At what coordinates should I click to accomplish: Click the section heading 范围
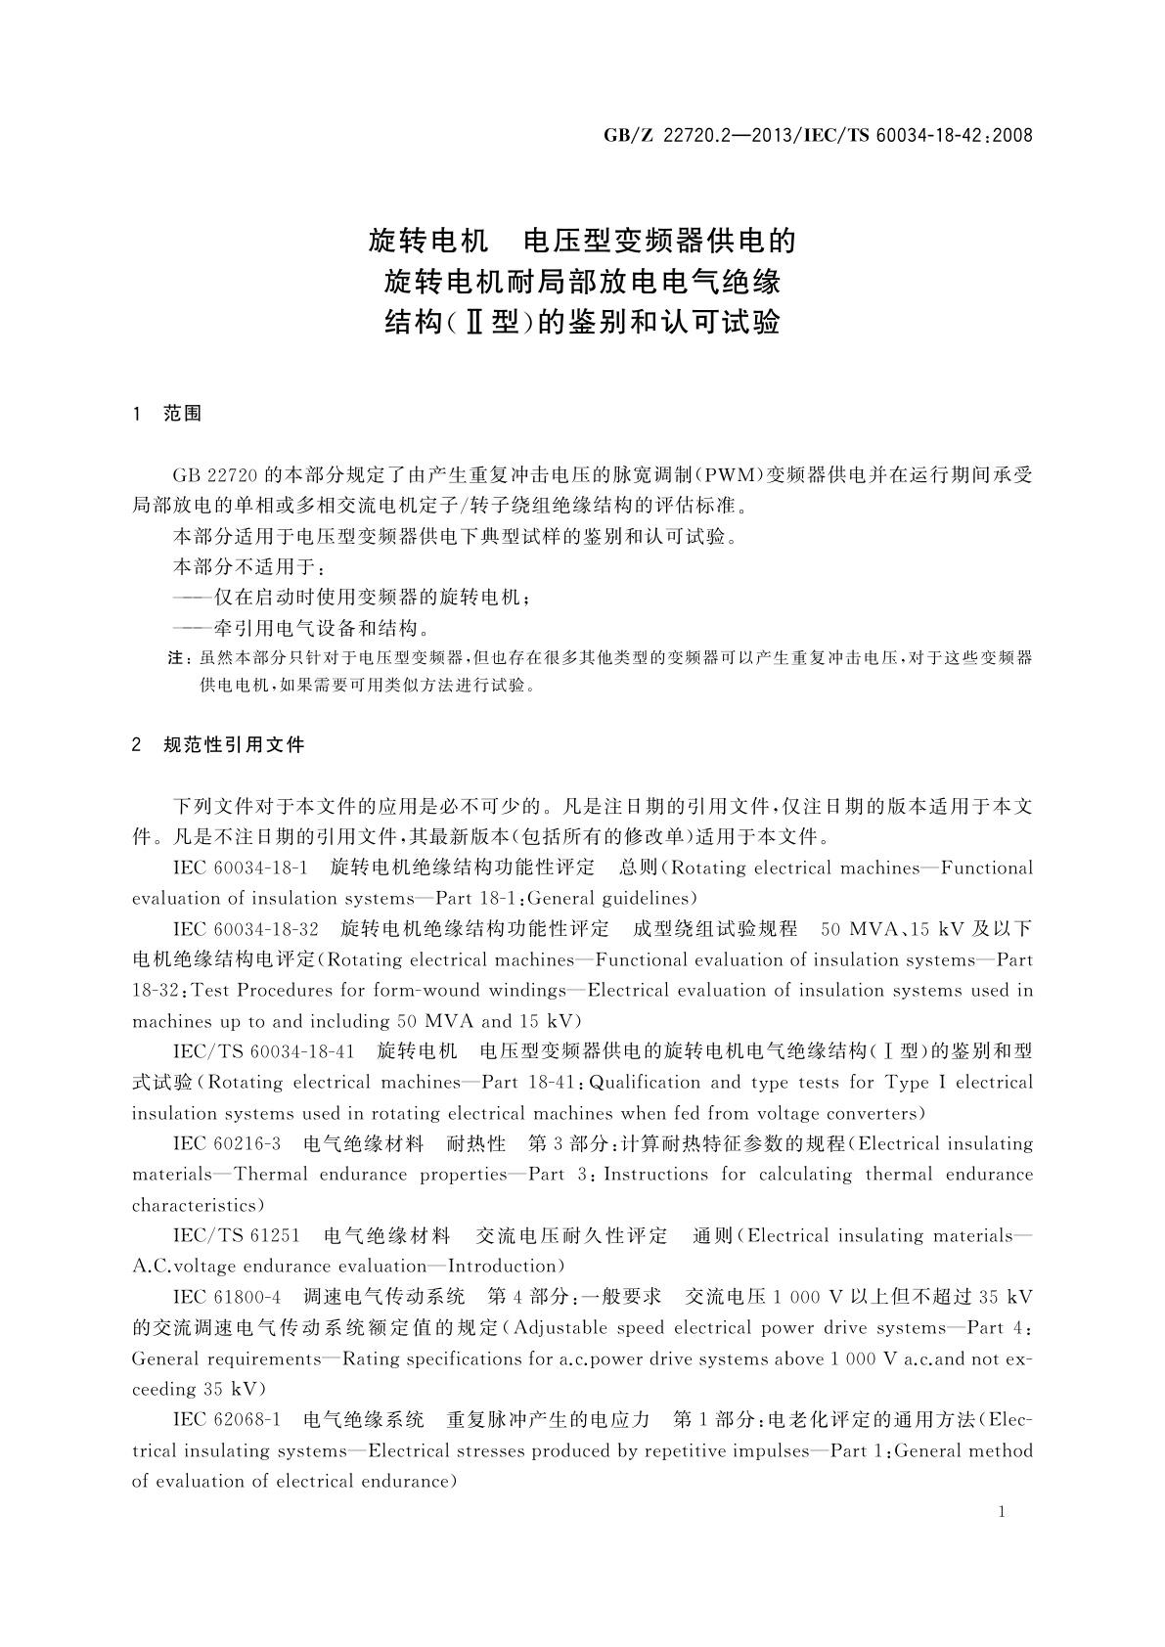(x=183, y=414)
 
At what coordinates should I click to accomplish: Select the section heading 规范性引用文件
(x=235, y=745)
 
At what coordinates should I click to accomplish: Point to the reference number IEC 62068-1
(x=227, y=1419)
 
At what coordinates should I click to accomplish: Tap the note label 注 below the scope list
(x=178, y=658)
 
